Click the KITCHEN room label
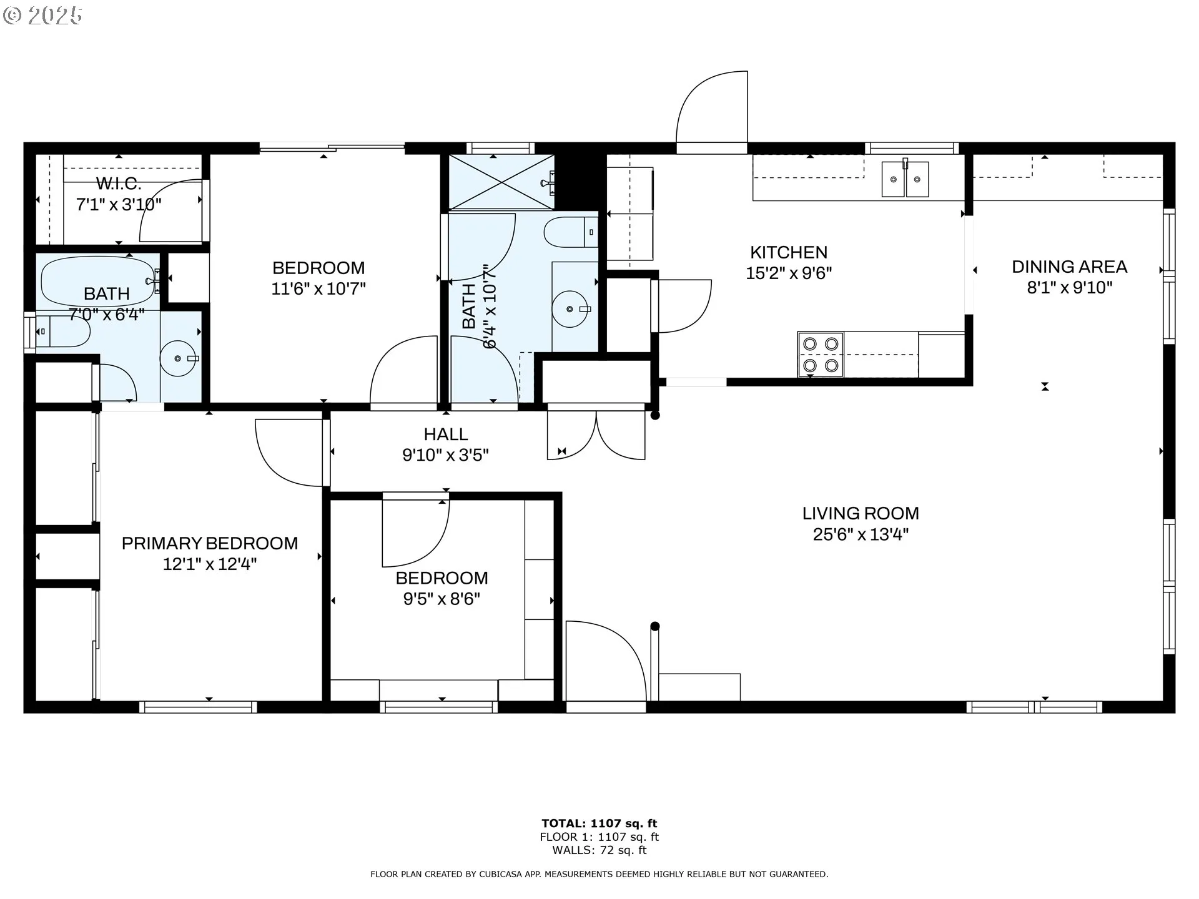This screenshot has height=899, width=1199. point(789,252)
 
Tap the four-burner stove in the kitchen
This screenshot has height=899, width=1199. point(821,355)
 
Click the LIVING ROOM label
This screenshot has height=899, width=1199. point(861,513)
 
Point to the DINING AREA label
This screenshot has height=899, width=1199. point(1069,267)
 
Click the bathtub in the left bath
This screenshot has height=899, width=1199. point(100,282)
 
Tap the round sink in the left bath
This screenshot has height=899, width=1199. point(179,358)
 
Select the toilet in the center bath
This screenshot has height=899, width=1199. point(571,232)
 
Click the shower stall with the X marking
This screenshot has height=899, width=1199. point(501,182)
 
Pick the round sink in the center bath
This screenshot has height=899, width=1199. point(570,308)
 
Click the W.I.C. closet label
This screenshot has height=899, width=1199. point(119,184)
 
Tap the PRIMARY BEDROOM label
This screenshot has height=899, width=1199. point(210,543)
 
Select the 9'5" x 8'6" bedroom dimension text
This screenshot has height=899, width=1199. point(442,599)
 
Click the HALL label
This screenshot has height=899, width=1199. point(446,434)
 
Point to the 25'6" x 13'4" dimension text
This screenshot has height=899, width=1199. point(861,534)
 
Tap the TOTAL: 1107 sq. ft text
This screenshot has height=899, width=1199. point(599,823)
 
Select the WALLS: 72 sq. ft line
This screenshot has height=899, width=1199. point(599,850)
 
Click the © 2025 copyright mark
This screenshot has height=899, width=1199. point(42,16)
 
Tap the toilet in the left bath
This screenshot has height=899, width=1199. point(62,332)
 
